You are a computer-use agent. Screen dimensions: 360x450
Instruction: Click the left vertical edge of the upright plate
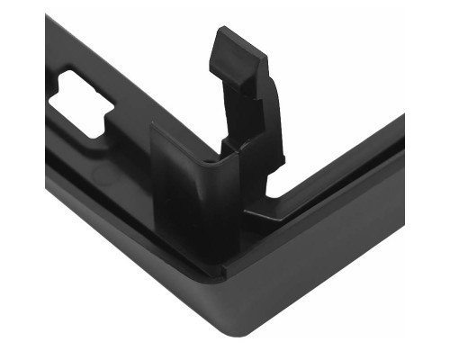[152, 171]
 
